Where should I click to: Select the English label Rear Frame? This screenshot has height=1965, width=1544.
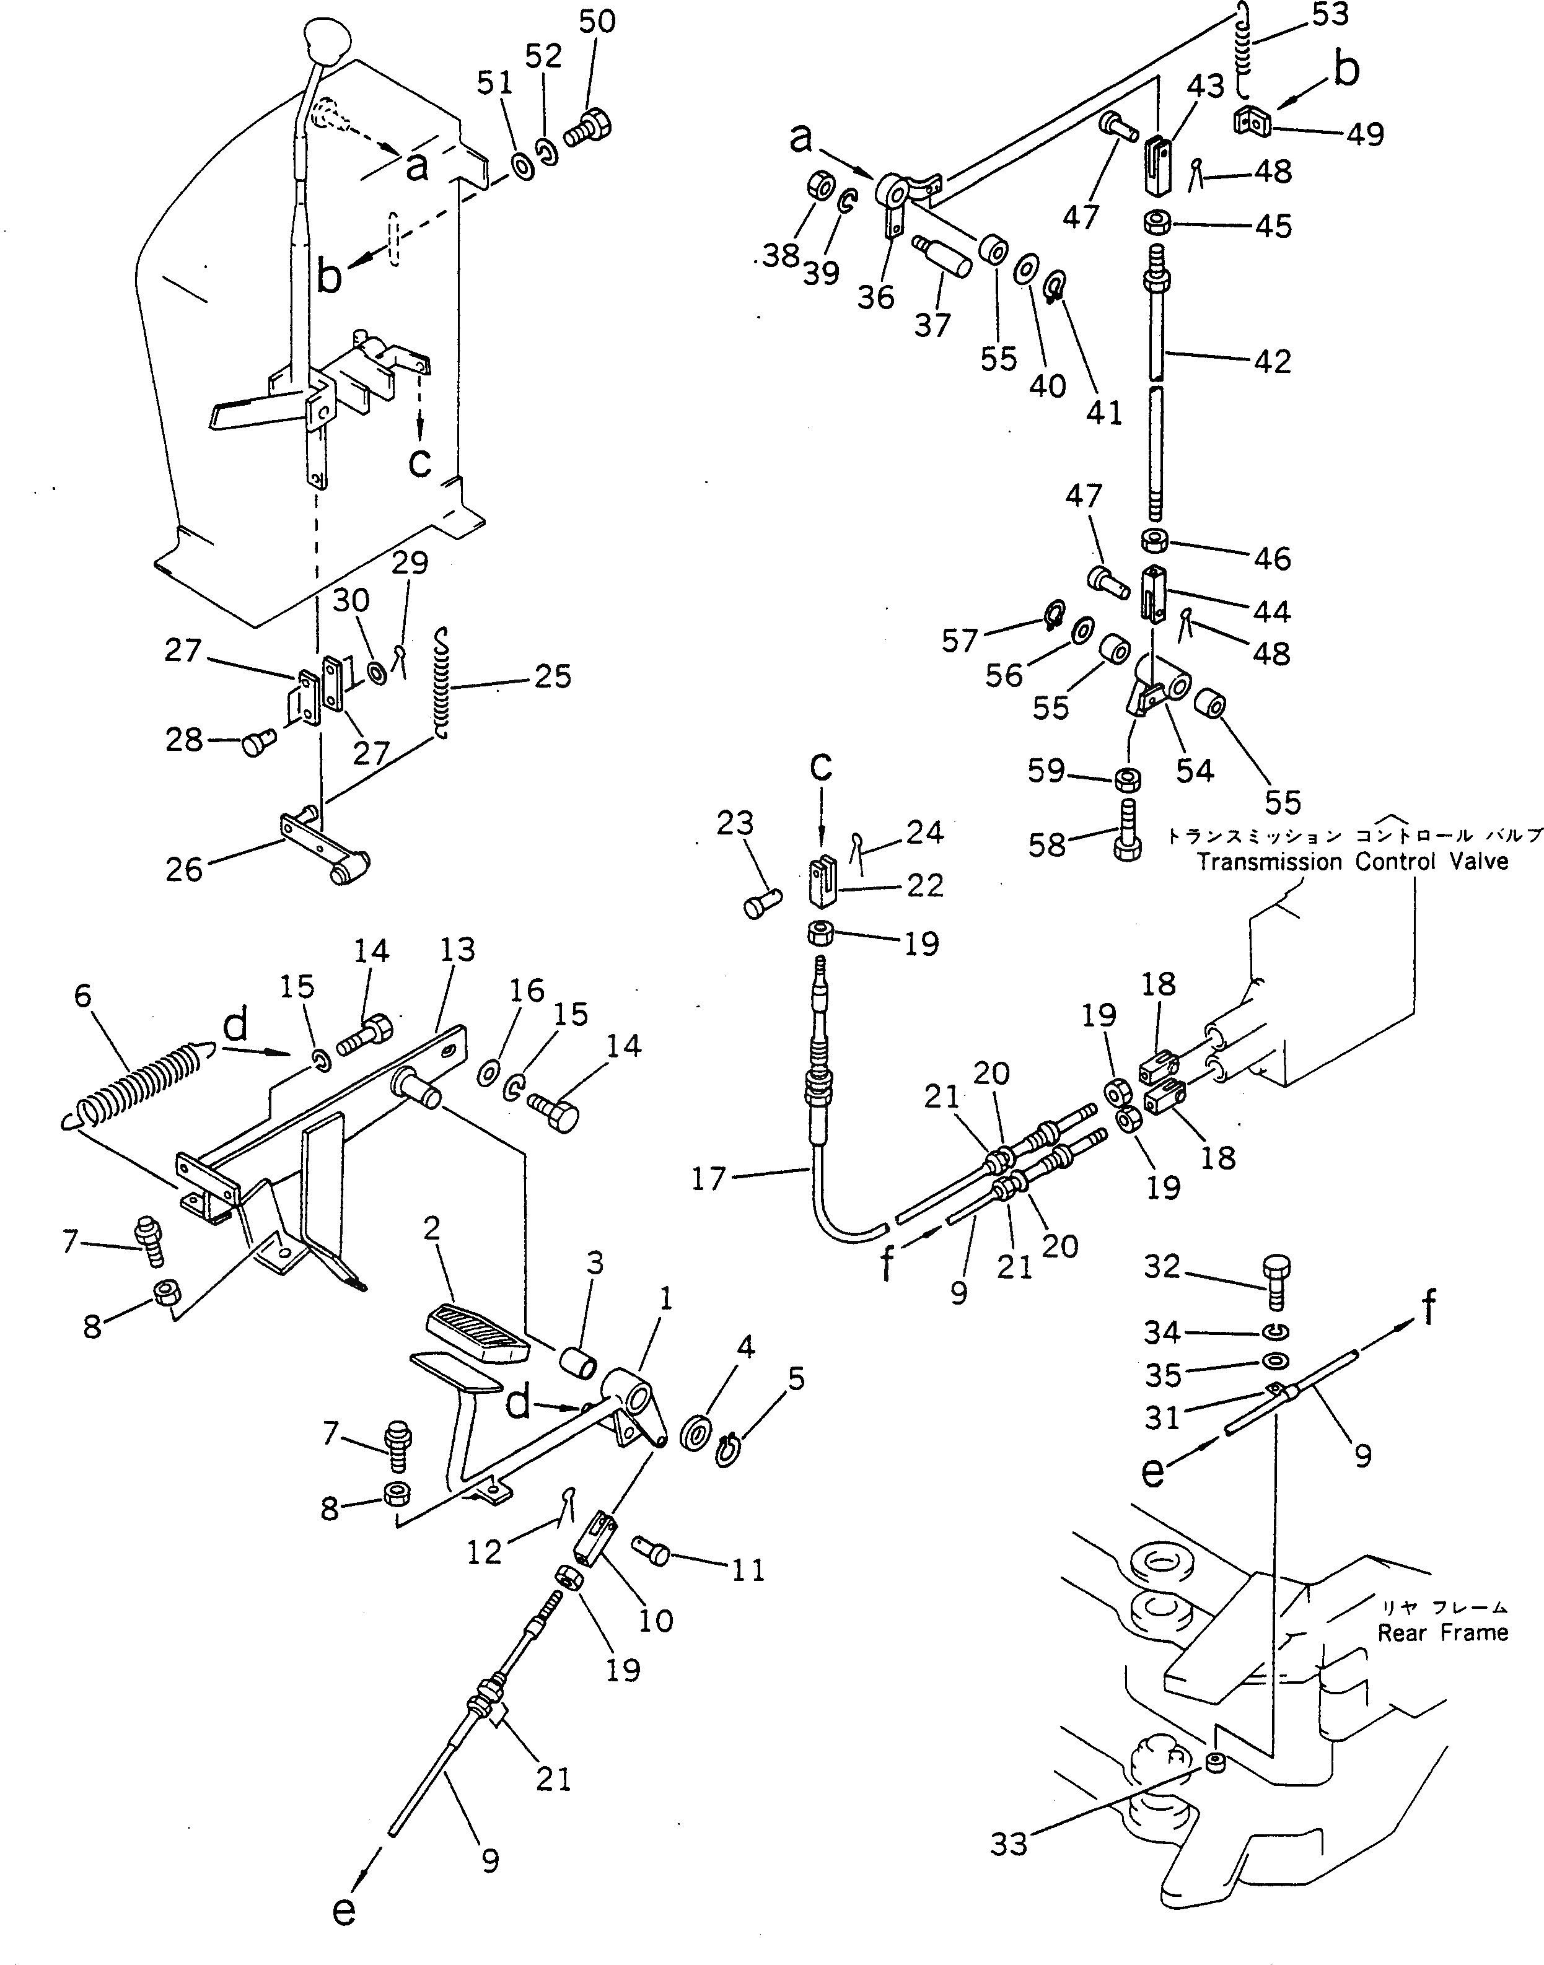(x=1443, y=1632)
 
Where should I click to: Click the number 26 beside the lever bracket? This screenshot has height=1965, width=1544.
(x=185, y=870)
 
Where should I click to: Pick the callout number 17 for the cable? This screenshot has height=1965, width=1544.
(x=709, y=1179)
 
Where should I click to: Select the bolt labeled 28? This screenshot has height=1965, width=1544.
(x=257, y=745)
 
